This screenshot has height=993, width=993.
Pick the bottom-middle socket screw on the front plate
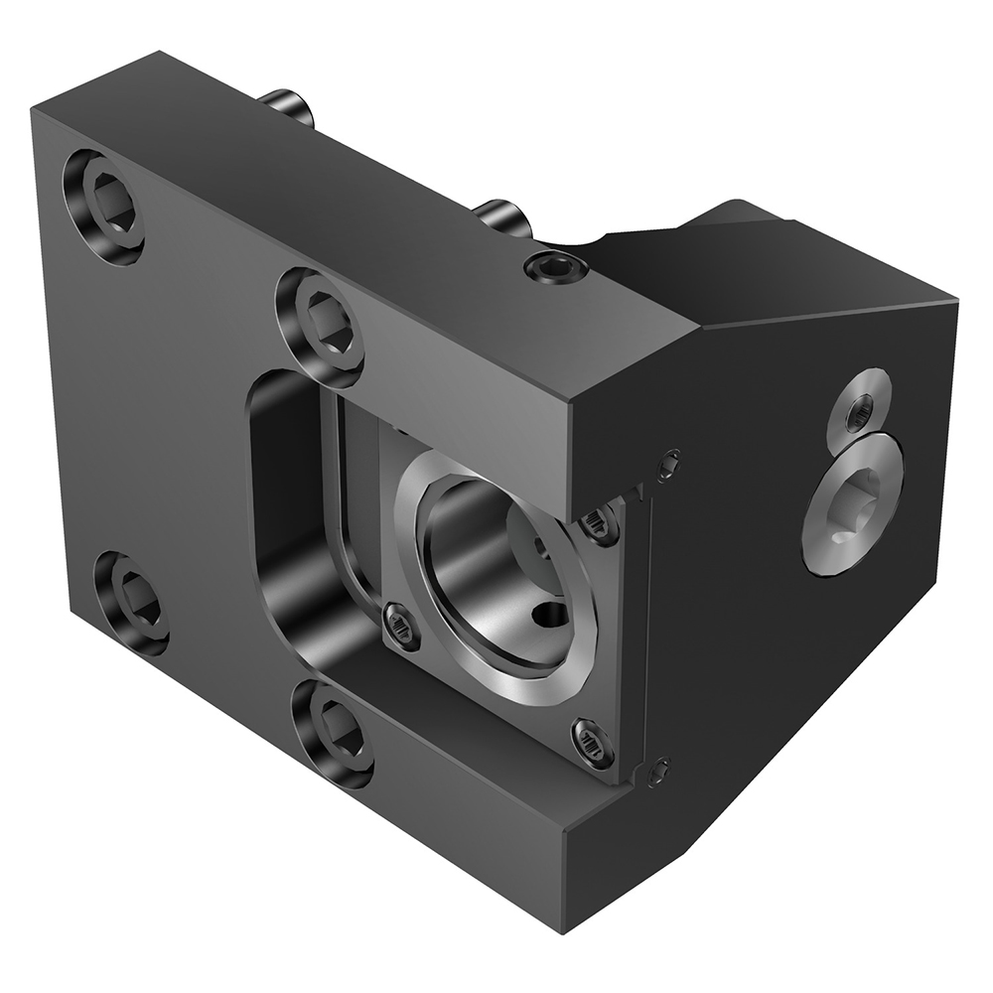click(333, 732)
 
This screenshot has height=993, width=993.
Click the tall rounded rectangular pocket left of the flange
click(288, 516)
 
